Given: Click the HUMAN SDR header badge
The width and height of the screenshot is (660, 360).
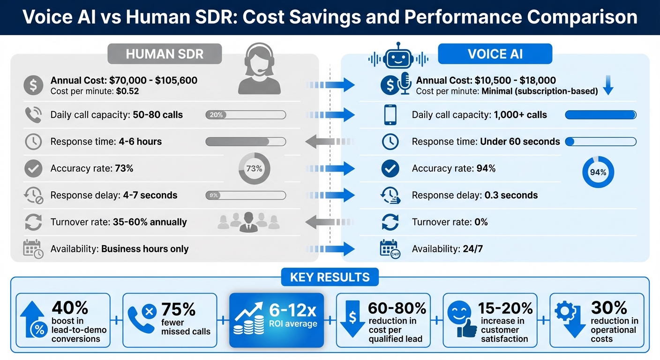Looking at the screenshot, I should tap(165, 54).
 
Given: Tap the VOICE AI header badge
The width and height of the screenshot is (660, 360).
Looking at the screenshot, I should tap(495, 54).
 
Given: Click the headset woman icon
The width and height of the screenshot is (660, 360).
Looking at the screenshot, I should tap(259, 69).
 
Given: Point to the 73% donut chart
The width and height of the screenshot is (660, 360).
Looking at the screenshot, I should tap(254, 168).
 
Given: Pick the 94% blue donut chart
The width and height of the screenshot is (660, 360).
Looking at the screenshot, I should tap(598, 172).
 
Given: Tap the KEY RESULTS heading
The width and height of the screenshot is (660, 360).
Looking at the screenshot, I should tap(330, 277).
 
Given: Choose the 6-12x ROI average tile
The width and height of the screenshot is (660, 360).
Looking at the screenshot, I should tap(277, 320).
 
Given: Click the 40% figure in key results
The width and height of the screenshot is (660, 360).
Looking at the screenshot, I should tap(70, 308).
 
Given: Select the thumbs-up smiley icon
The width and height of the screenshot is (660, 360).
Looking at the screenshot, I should tap(460, 320).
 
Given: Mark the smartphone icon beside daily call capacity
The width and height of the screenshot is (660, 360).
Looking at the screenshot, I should tap(390, 115).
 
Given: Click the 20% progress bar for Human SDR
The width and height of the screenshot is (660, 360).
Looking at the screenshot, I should tap(246, 115).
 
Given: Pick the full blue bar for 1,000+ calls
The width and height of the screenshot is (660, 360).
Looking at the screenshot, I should tap(600, 115).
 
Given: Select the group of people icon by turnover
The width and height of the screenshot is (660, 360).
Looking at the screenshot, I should tap(249, 222).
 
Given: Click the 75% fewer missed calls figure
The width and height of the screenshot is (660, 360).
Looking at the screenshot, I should tap(178, 309).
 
